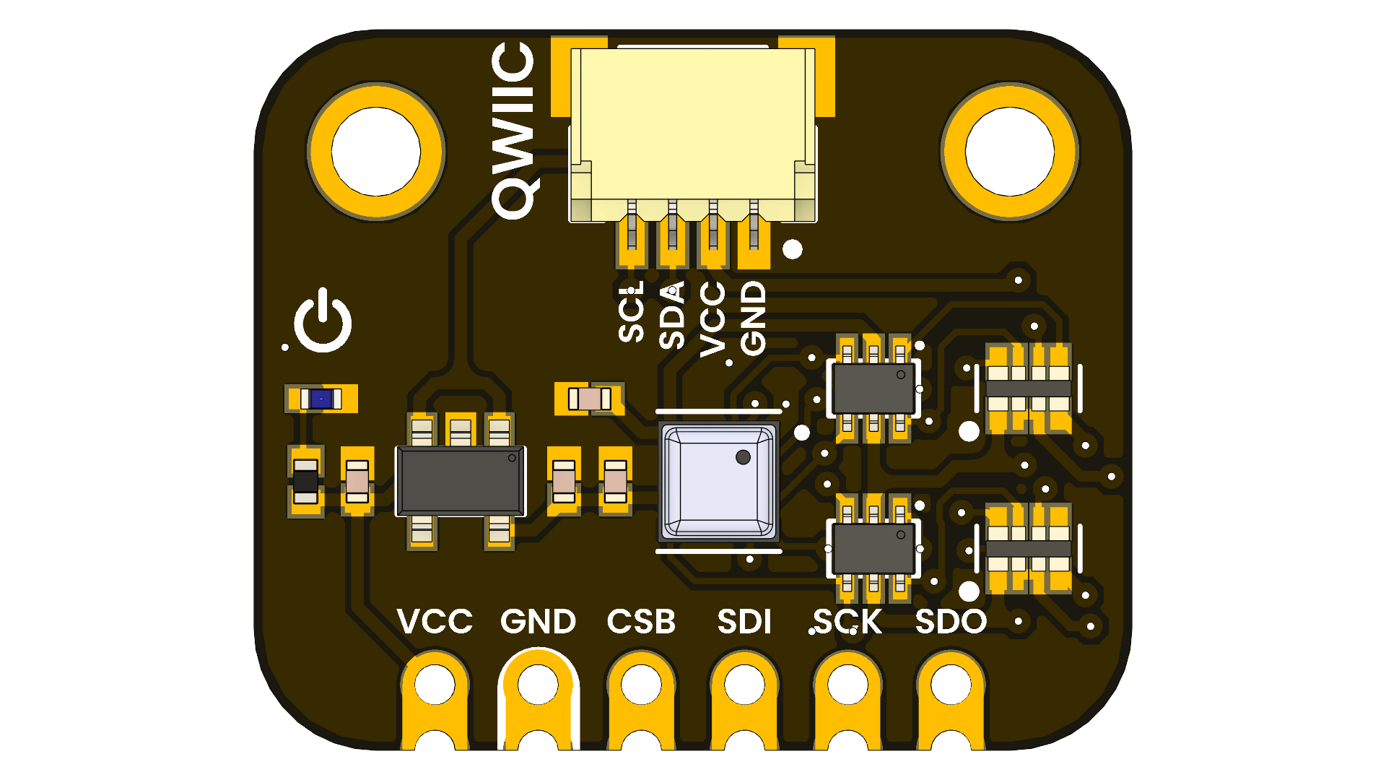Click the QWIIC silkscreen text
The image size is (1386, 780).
(x=513, y=130)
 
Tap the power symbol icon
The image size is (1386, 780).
(x=323, y=321)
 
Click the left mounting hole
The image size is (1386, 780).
(x=375, y=152)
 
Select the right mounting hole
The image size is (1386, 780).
(x=1009, y=152)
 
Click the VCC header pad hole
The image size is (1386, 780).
(x=435, y=684)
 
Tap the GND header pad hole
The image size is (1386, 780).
(x=538, y=684)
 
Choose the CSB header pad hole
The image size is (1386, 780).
(x=641, y=684)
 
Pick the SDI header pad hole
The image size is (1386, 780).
(x=744, y=684)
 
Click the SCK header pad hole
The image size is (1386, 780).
(x=847, y=684)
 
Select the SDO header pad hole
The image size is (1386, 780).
(x=951, y=684)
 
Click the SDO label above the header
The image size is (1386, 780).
(x=951, y=622)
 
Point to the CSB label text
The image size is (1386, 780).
(x=641, y=622)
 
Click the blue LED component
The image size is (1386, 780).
(x=321, y=399)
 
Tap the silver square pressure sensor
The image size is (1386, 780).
(x=718, y=482)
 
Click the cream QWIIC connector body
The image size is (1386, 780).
(x=693, y=130)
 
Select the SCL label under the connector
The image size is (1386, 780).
(x=631, y=312)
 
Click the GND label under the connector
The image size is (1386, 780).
(x=753, y=318)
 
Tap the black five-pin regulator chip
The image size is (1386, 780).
(x=461, y=481)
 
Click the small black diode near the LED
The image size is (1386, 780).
(x=305, y=481)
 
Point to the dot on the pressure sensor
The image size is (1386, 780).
(x=743, y=457)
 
